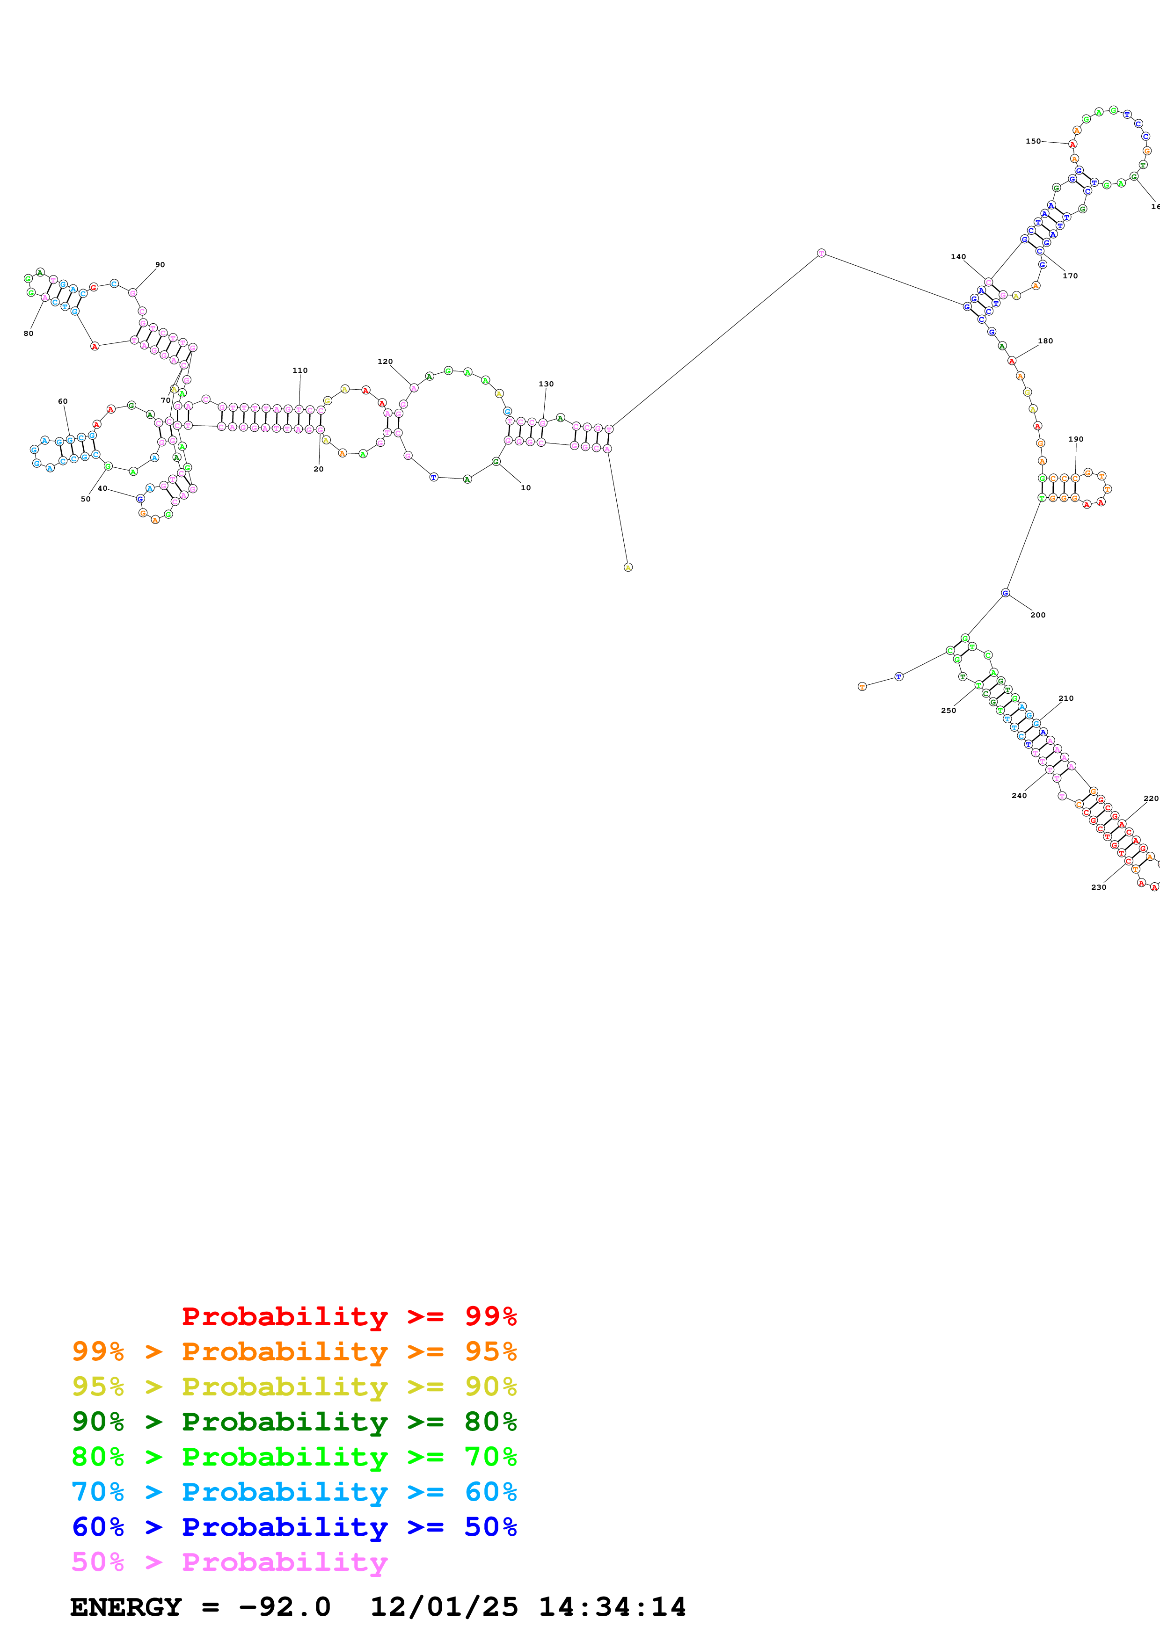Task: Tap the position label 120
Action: (x=385, y=362)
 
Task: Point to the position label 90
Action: (x=160, y=264)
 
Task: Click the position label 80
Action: (x=29, y=333)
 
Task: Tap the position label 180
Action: (x=1045, y=341)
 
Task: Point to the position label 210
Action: (x=1065, y=698)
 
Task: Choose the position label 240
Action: (x=1019, y=796)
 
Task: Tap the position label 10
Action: (x=525, y=487)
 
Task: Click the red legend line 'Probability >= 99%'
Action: (x=349, y=1316)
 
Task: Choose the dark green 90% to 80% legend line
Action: (x=294, y=1422)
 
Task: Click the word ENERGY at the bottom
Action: (x=126, y=1607)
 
